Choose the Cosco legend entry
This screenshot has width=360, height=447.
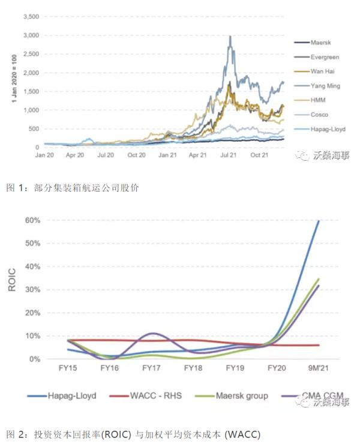(319, 115)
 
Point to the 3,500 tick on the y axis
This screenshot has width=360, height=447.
(30, 17)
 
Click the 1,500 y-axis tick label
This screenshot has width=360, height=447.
(30, 91)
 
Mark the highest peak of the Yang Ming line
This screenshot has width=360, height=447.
(230, 36)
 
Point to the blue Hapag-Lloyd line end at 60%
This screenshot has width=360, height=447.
(318, 221)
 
